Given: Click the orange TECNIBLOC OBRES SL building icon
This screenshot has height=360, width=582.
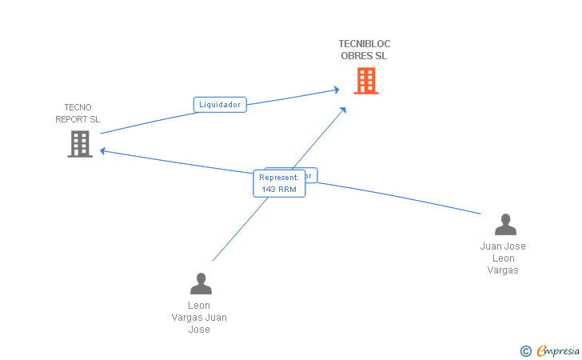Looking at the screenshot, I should [x=365, y=81].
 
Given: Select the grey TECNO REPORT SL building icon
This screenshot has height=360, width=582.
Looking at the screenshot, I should [x=79, y=143].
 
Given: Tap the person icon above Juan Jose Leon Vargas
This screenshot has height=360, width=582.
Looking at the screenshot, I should [x=504, y=225].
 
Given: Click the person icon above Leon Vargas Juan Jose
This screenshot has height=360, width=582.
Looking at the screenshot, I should [x=201, y=283].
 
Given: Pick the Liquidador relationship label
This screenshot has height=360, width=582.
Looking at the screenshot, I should [x=220, y=104].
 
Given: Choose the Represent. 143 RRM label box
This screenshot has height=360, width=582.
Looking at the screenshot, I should [x=278, y=183].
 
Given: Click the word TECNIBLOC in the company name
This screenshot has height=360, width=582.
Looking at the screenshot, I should [x=365, y=44].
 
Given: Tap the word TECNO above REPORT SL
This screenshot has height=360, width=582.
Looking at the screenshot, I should [x=78, y=107].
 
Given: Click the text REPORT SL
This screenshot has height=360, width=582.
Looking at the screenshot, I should [x=78, y=119].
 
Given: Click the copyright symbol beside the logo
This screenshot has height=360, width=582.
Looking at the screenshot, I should [x=525, y=350].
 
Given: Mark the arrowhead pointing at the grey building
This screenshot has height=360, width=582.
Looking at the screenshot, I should [x=102, y=150].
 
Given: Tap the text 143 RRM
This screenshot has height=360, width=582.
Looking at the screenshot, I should [x=278, y=190].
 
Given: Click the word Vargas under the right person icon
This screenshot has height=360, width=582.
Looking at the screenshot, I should [x=503, y=270].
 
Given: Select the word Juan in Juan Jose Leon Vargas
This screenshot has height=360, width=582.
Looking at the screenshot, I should [x=491, y=246].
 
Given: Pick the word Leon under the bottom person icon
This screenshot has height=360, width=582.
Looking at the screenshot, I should [x=199, y=306].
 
